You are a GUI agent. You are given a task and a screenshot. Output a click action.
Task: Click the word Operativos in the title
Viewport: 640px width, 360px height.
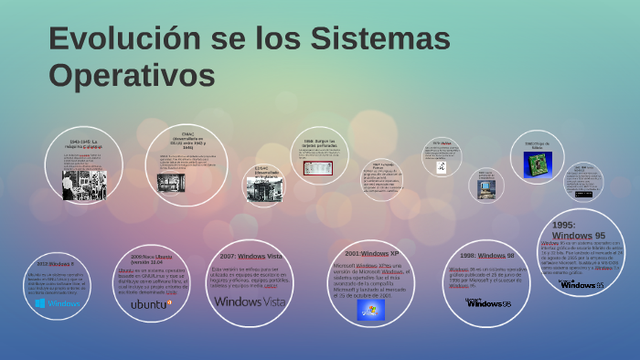point(132,73)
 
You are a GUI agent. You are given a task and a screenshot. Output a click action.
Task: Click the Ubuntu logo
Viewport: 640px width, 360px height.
point(151,303)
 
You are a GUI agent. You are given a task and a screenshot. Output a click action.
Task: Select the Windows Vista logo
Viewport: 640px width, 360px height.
point(250,301)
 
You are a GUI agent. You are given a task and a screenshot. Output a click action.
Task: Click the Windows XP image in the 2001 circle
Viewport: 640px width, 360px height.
point(370,309)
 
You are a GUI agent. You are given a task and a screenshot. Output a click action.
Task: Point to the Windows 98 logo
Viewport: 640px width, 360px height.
point(488,302)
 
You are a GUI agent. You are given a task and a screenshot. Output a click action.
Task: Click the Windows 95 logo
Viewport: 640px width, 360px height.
point(581,284)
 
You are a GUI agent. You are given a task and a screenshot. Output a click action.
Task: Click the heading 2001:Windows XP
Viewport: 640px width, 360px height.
point(372,252)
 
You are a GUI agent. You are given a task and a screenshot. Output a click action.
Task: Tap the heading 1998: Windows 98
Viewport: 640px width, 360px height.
point(487,255)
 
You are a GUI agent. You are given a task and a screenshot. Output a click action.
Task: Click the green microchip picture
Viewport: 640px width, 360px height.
point(537,164)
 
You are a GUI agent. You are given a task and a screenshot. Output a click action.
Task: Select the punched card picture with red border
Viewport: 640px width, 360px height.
point(318,168)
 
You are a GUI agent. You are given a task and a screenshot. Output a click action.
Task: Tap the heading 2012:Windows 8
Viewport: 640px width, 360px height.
point(56,263)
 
